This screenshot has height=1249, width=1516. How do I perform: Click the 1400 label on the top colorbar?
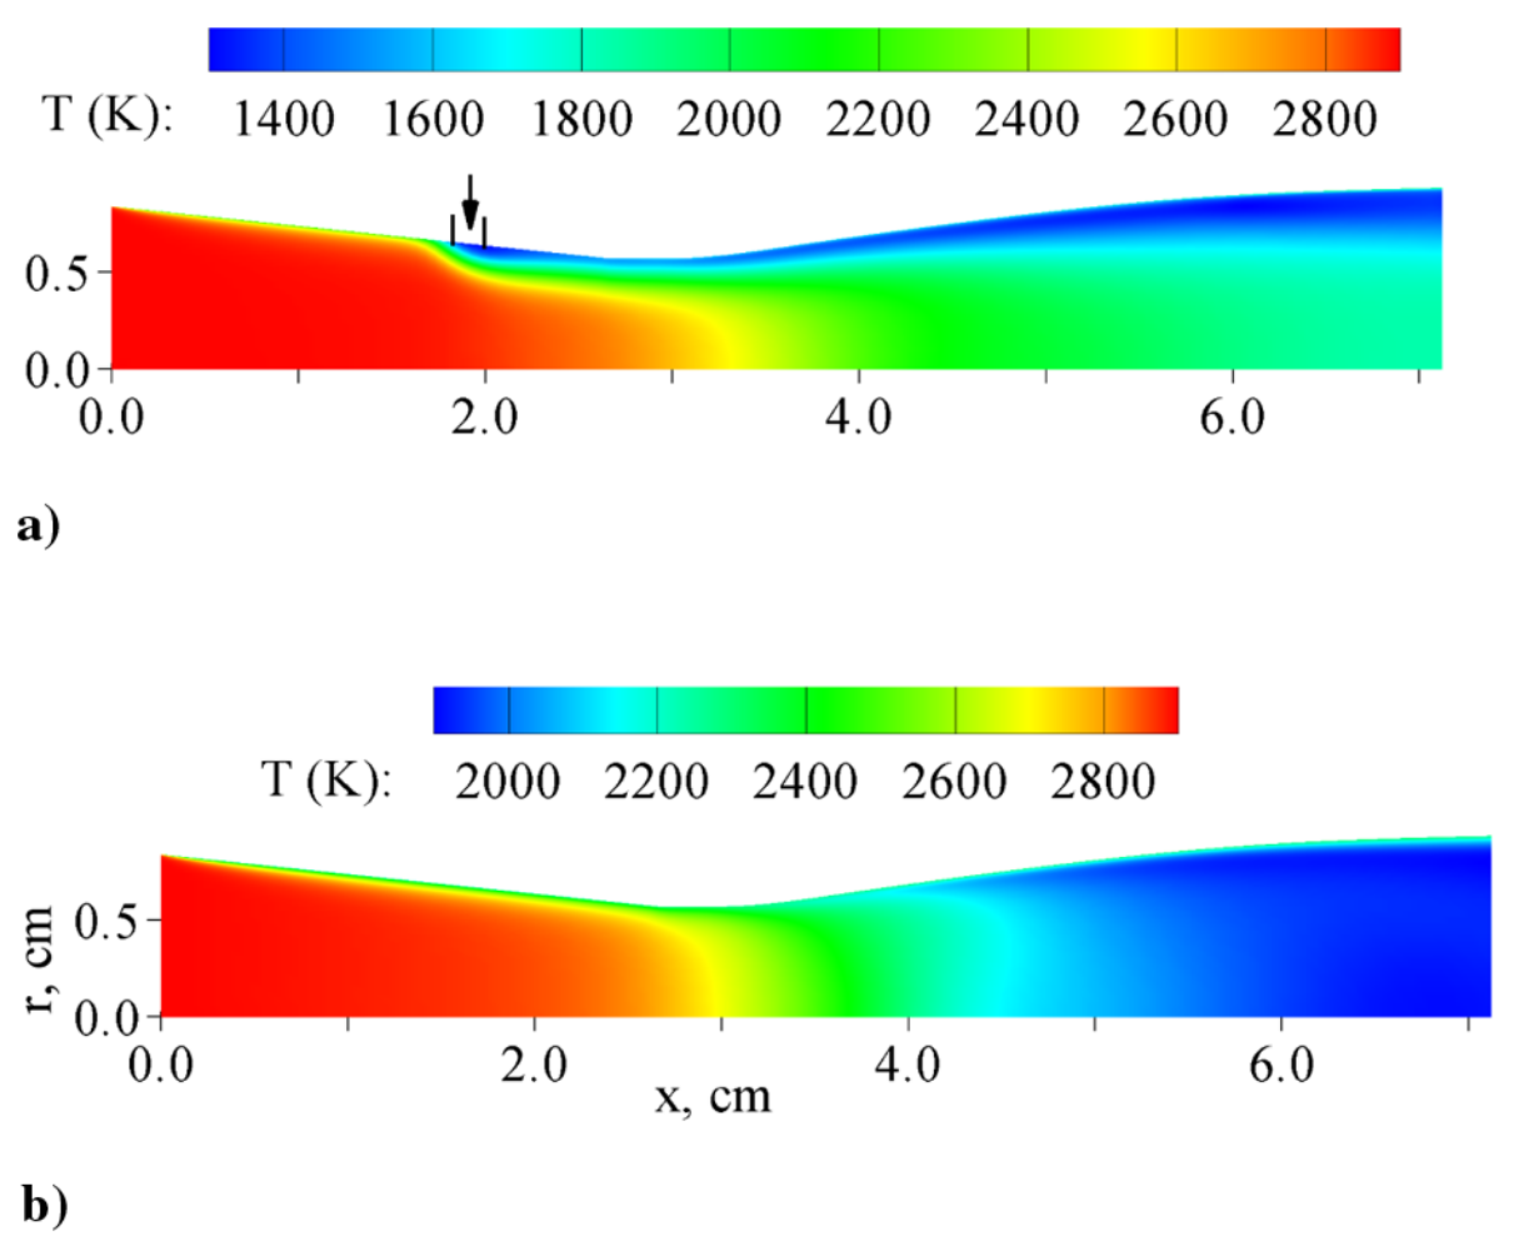click(x=284, y=119)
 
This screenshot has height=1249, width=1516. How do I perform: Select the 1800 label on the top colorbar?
click(x=581, y=119)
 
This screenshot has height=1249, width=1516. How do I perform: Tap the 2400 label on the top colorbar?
click(x=1026, y=119)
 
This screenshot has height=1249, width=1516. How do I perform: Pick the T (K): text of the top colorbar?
click(x=108, y=115)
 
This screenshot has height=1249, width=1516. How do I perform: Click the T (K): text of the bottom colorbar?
click(x=326, y=779)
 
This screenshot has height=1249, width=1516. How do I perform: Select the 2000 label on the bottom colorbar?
click(x=507, y=783)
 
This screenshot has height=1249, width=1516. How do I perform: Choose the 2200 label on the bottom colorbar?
click(x=656, y=783)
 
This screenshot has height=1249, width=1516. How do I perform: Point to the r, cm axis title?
click(x=40, y=959)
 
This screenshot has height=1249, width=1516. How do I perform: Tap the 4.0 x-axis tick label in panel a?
click(x=858, y=418)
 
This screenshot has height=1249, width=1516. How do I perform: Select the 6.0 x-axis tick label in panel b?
click(x=1282, y=1065)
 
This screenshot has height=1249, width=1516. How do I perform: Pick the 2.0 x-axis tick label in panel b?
click(x=534, y=1065)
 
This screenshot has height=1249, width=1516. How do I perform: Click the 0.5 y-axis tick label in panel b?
click(x=106, y=922)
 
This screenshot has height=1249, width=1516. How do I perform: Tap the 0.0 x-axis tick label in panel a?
click(x=112, y=418)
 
